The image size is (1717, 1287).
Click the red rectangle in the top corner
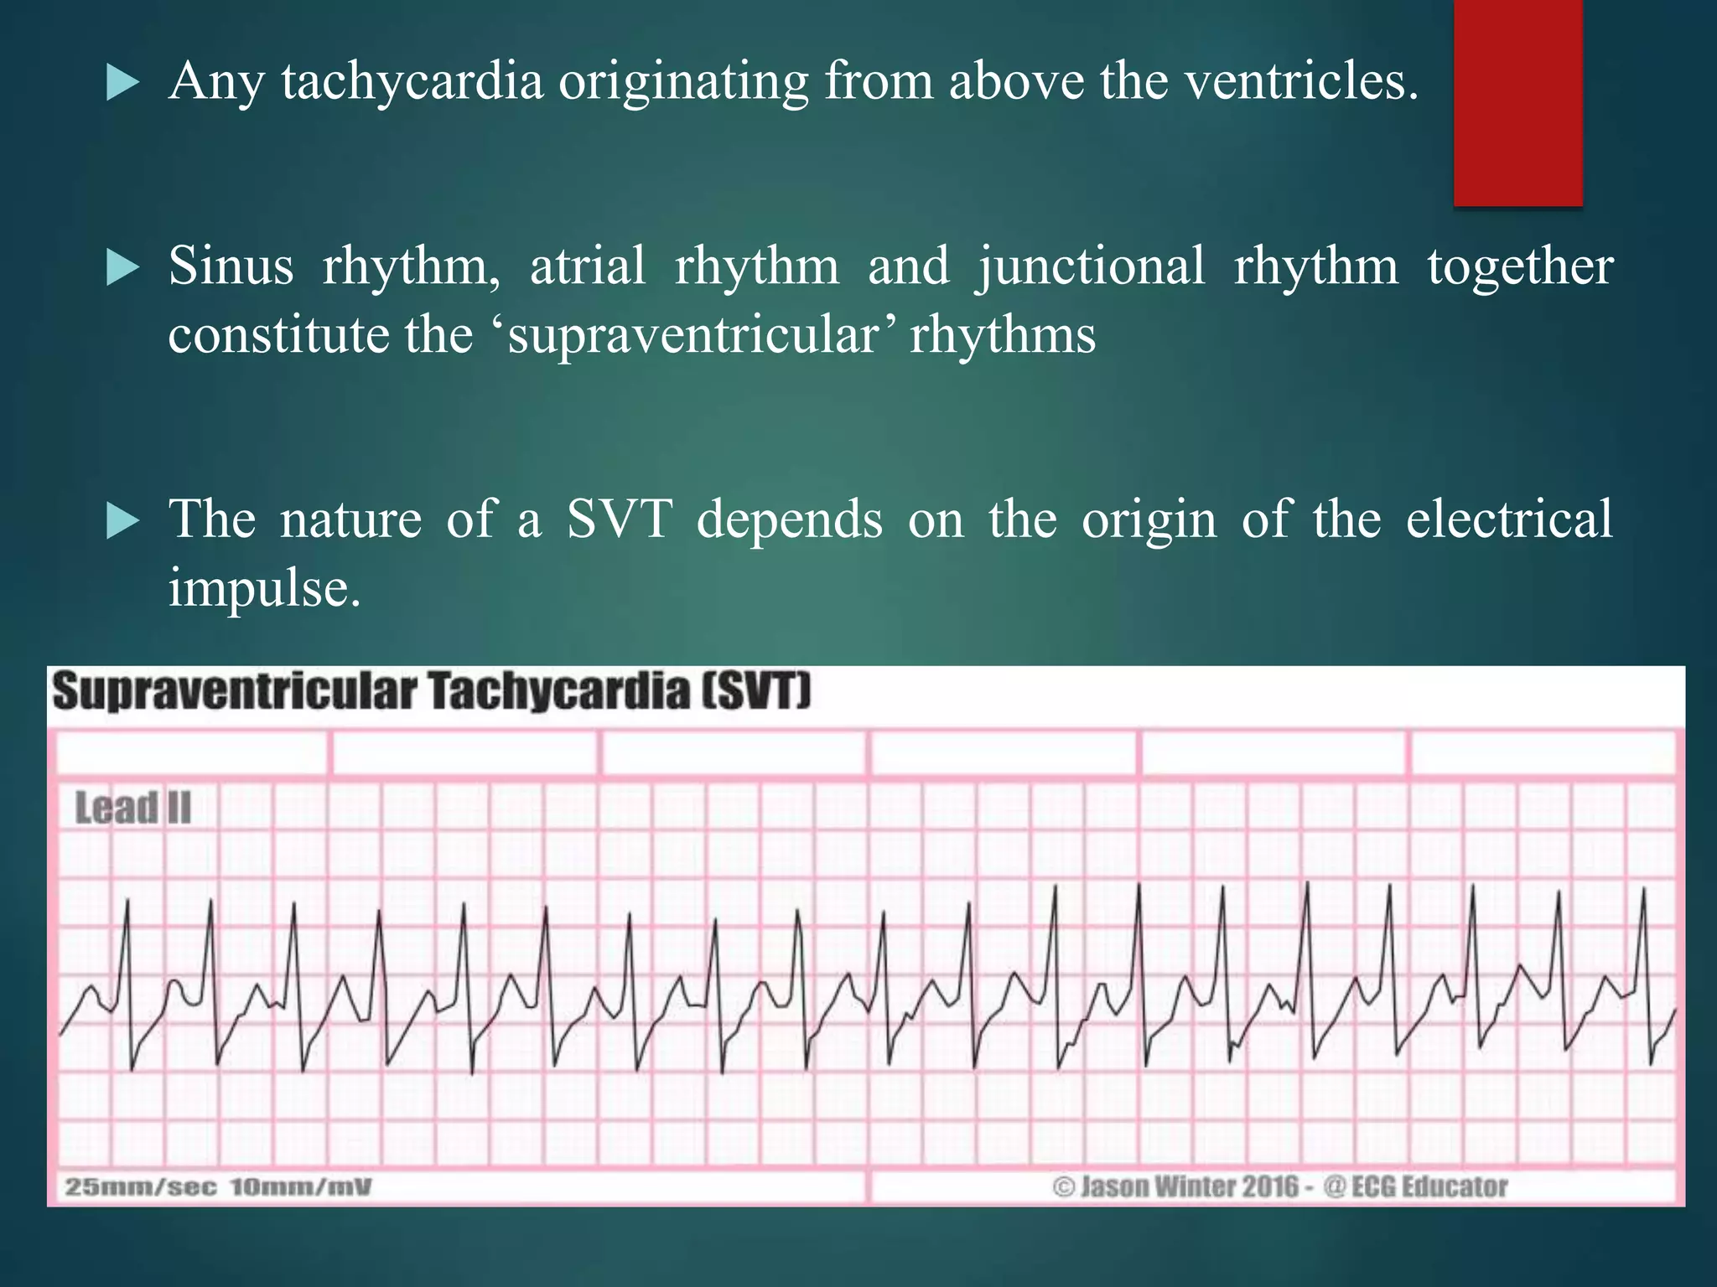click(x=1517, y=102)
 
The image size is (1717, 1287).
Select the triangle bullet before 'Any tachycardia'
click(x=123, y=84)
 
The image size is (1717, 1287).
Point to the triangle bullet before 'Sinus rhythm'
click(x=123, y=269)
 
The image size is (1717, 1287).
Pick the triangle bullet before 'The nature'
click(x=123, y=521)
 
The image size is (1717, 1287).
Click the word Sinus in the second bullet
click(x=231, y=267)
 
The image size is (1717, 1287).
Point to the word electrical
click(x=1508, y=519)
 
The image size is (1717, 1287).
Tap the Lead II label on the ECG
click(x=133, y=809)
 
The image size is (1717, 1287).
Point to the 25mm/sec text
click(x=141, y=1187)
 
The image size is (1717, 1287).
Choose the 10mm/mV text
click(x=300, y=1187)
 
